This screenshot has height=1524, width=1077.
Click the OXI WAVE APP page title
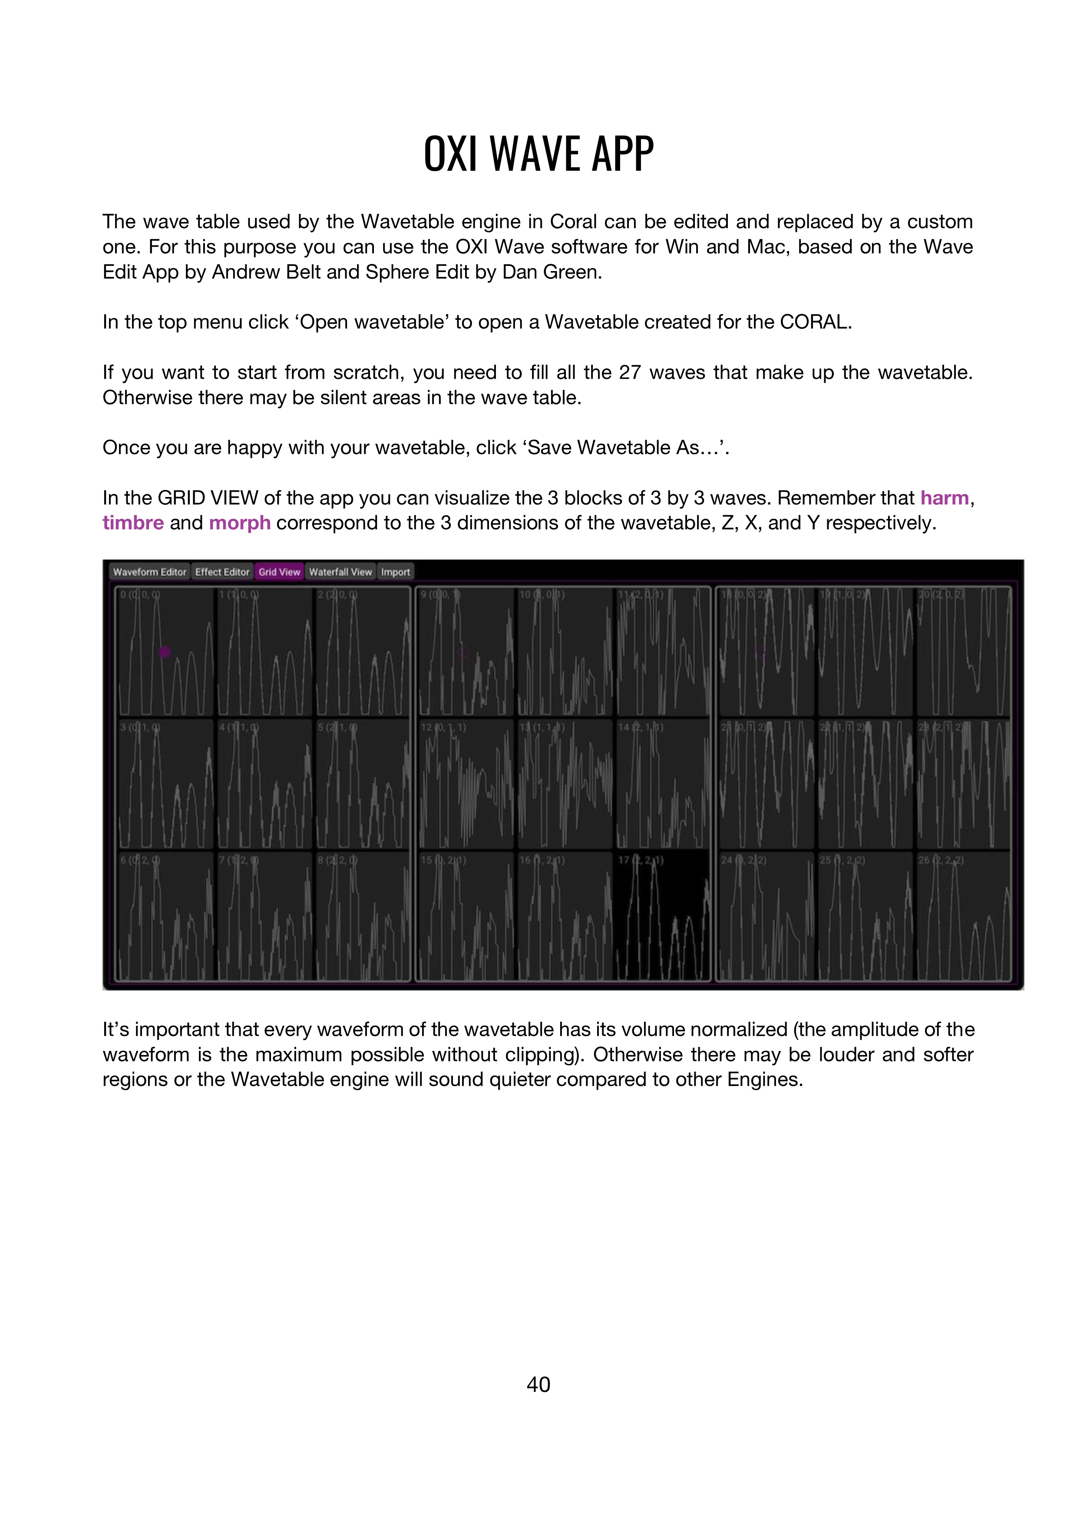[538, 154]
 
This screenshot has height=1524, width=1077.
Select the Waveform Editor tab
[149, 572]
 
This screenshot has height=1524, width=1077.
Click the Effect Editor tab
[221, 572]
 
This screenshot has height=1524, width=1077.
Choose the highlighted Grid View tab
[279, 572]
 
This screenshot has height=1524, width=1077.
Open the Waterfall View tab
[340, 572]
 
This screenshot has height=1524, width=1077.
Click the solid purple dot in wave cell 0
[165, 652]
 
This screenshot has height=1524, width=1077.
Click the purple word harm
[944, 498]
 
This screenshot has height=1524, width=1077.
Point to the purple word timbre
[133, 523]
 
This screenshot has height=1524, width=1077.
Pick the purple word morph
[240, 523]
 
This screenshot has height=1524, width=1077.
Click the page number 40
[538, 1384]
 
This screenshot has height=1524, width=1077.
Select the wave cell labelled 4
[264, 783]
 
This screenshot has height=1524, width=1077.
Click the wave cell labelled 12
[466, 783]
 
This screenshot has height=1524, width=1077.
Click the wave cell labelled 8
[362, 916]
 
